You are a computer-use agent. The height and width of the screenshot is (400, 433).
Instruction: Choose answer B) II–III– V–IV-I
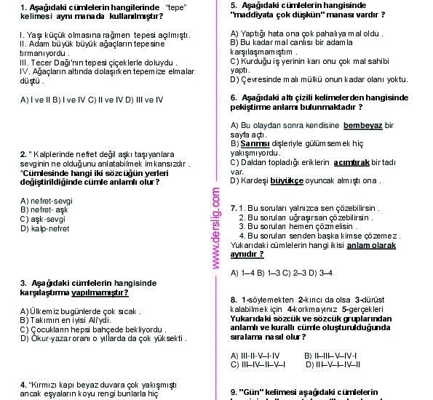[331, 355]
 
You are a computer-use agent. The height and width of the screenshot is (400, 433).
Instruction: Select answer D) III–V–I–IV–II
[333, 364]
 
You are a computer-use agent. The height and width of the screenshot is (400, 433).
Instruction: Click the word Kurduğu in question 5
[255, 61]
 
